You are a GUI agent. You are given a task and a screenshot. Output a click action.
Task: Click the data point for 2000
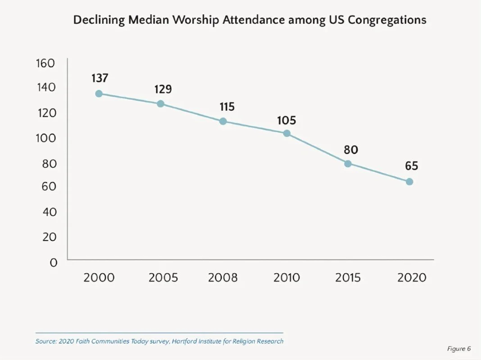click(x=99, y=94)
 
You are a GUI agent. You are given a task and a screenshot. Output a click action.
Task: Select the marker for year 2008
click(x=222, y=121)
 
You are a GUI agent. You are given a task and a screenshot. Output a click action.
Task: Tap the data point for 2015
click(x=348, y=163)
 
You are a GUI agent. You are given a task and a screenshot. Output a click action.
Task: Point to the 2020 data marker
click(x=409, y=181)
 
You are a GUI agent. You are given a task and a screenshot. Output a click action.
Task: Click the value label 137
click(x=100, y=78)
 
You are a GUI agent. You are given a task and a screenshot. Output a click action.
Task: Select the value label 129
click(x=163, y=89)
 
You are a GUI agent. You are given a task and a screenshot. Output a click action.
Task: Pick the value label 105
click(x=286, y=120)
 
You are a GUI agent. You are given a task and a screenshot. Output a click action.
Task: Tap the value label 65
click(x=411, y=166)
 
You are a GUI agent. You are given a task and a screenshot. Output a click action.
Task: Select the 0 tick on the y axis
click(x=54, y=263)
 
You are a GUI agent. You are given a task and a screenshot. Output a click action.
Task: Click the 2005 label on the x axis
click(x=163, y=278)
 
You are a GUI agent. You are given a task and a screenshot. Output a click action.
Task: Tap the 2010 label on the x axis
click(x=287, y=278)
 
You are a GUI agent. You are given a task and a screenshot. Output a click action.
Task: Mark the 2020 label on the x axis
click(x=412, y=278)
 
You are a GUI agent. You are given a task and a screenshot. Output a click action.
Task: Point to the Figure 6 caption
click(x=459, y=349)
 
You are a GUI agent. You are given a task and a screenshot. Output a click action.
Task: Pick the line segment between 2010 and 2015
click(x=317, y=148)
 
